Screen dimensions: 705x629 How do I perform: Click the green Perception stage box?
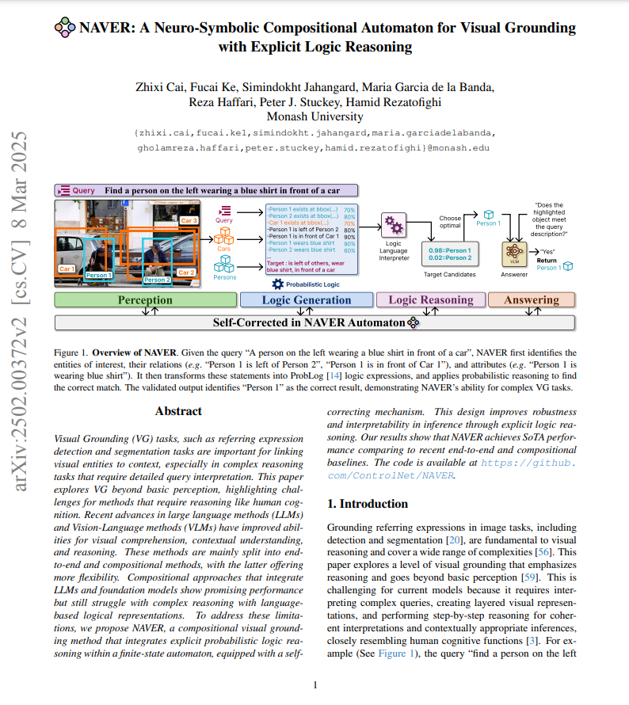pyautogui.click(x=145, y=300)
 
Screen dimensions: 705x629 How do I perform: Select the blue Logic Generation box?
pyautogui.click(x=306, y=300)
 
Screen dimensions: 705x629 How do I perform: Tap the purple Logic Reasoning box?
pyautogui.click(x=430, y=300)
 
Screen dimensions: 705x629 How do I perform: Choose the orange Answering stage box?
pyautogui.click(x=531, y=300)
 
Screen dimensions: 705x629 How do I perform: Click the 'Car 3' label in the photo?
pyautogui.click(x=189, y=219)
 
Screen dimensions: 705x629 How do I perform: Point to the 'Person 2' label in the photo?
pyautogui.click(x=156, y=280)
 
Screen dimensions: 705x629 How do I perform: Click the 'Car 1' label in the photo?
pyautogui.click(x=67, y=269)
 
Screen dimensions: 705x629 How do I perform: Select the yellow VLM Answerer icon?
pyautogui.click(x=514, y=252)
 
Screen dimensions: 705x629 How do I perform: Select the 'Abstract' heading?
pyautogui.click(x=178, y=412)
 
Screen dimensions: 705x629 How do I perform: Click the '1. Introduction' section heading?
pyautogui.click(x=368, y=504)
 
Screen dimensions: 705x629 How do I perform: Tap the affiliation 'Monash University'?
pyautogui.click(x=314, y=116)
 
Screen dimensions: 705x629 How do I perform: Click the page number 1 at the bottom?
pyautogui.click(x=314, y=685)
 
